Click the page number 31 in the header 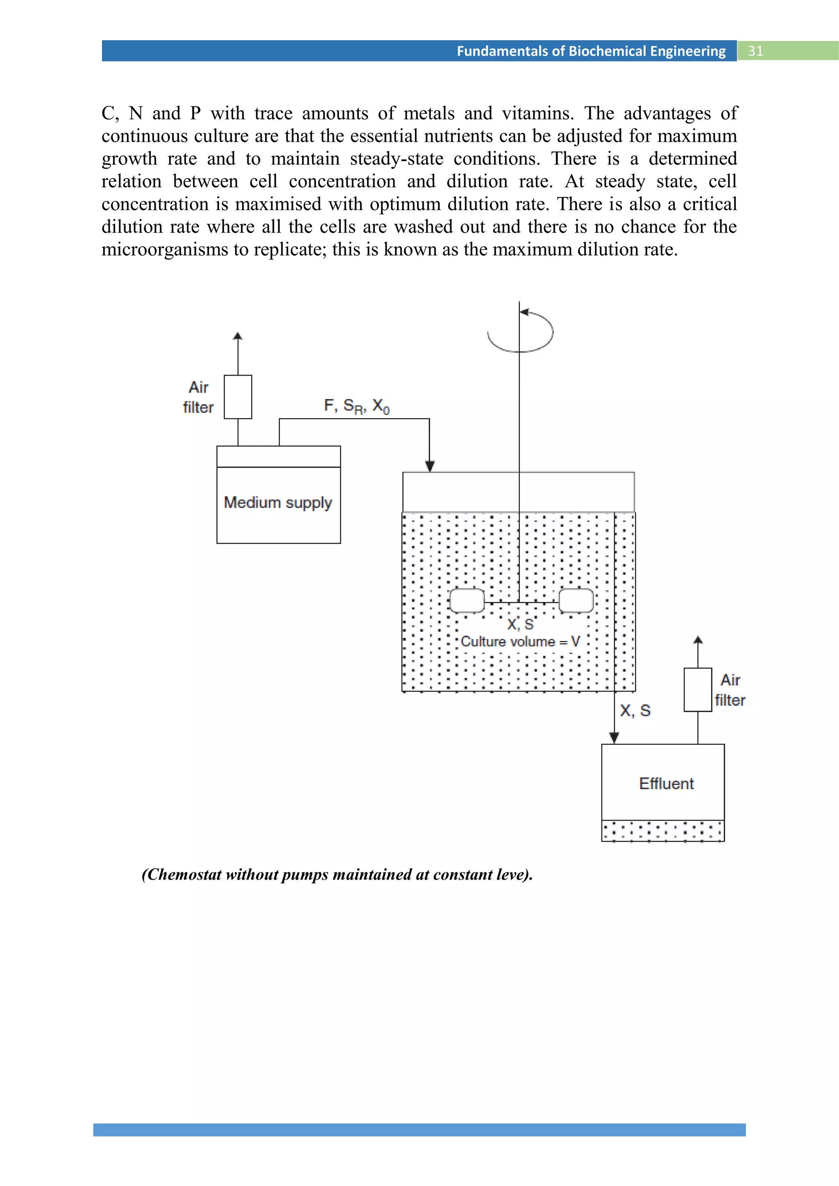click(x=755, y=51)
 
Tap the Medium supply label click(x=278, y=502)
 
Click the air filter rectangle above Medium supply click(x=238, y=397)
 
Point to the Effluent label click(x=666, y=783)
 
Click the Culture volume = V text click(x=520, y=642)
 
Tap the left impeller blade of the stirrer click(x=467, y=601)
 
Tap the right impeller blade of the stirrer click(x=576, y=601)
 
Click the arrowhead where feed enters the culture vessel click(x=429, y=466)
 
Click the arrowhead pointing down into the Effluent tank click(x=614, y=738)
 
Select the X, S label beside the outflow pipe click(x=635, y=711)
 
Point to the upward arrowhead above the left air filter click(x=238, y=336)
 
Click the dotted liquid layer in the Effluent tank click(x=663, y=831)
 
